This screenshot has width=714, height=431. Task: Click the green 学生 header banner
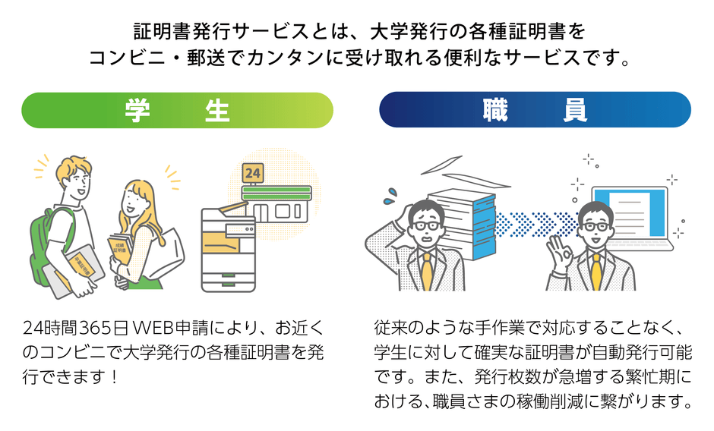[x=177, y=111]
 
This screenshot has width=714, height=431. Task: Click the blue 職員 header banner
[x=535, y=111]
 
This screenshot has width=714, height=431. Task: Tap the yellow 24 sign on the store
[x=253, y=174]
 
